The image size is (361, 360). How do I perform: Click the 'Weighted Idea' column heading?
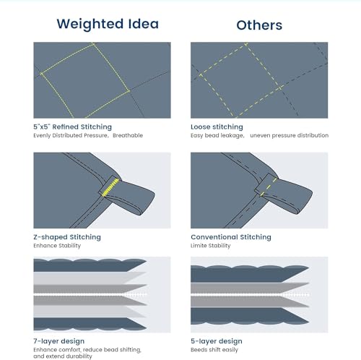(x=108, y=24)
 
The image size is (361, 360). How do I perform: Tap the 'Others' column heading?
(x=259, y=25)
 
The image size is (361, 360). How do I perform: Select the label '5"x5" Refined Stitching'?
(x=72, y=127)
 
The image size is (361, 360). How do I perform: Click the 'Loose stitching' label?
(x=217, y=127)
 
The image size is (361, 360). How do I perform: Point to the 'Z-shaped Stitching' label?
(x=67, y=237)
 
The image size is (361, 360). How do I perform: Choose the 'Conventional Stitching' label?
(x=231, y=237)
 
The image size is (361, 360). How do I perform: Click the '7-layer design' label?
(x=58, y=341)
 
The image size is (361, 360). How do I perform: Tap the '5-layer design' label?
(x=217, y=341)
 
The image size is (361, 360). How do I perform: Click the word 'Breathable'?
(x=128, y=135)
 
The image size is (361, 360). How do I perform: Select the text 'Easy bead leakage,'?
(x=217, y=135)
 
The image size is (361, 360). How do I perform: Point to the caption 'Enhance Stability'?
(x=57, y=246)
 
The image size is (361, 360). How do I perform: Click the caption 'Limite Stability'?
(x=210, y=246)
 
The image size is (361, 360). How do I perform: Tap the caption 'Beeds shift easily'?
(x=214, y=350)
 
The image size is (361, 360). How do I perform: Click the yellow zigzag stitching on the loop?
(x=110, y=187)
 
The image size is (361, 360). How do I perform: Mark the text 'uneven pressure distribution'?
(x=289, y=135)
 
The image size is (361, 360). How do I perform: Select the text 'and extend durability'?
(x=63, y=356)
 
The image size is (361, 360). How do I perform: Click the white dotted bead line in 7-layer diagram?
(x=90, y=294)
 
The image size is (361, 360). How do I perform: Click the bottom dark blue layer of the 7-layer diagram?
(x=88, y=324)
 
